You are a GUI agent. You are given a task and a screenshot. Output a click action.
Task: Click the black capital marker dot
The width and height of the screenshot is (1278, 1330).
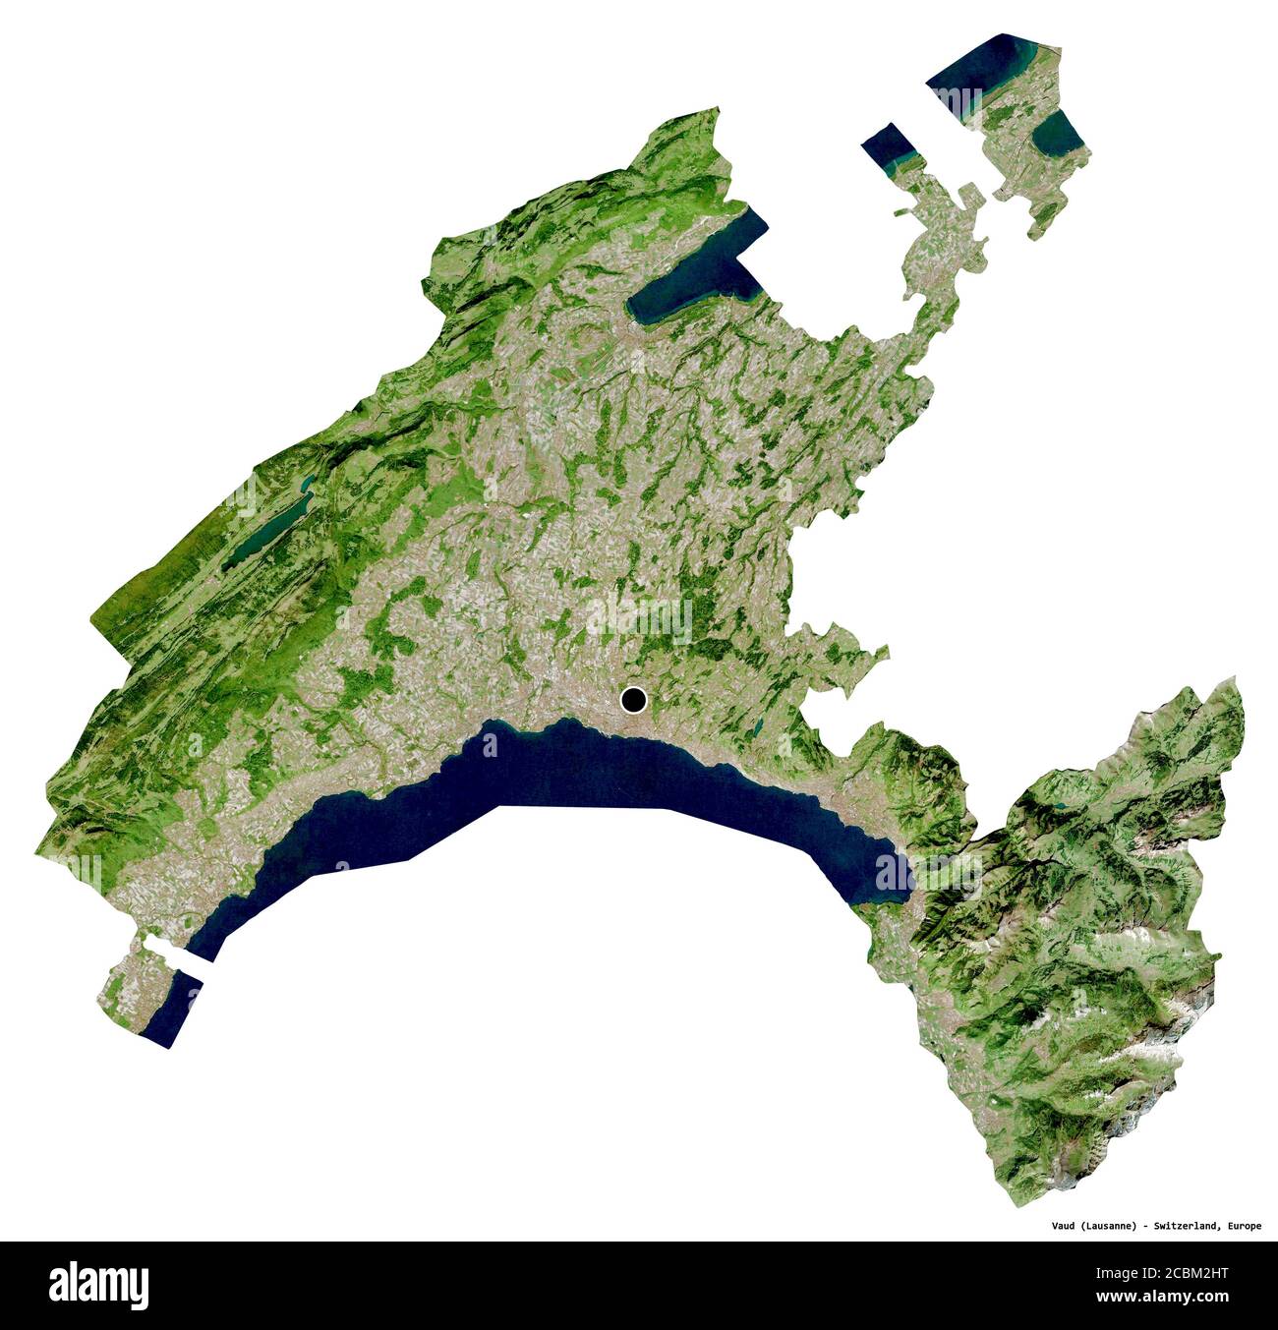click(x=634, y=701)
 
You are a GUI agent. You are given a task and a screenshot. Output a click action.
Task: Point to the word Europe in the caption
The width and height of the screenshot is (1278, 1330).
click(x=1244, y=1225)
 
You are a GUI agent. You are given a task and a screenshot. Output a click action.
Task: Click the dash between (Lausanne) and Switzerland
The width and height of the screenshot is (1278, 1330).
click(x=1148, y=1225)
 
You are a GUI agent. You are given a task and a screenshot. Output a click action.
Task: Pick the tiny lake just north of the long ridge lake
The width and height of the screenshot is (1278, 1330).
click(x=308, y=483)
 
